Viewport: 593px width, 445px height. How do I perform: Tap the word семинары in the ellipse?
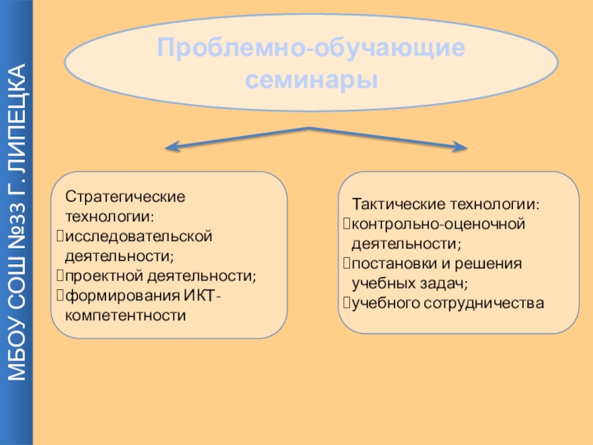tap(311, 79)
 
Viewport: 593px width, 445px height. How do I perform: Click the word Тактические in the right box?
tap(394, 204)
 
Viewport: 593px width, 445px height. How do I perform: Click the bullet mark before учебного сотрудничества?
tap(345, 303)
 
